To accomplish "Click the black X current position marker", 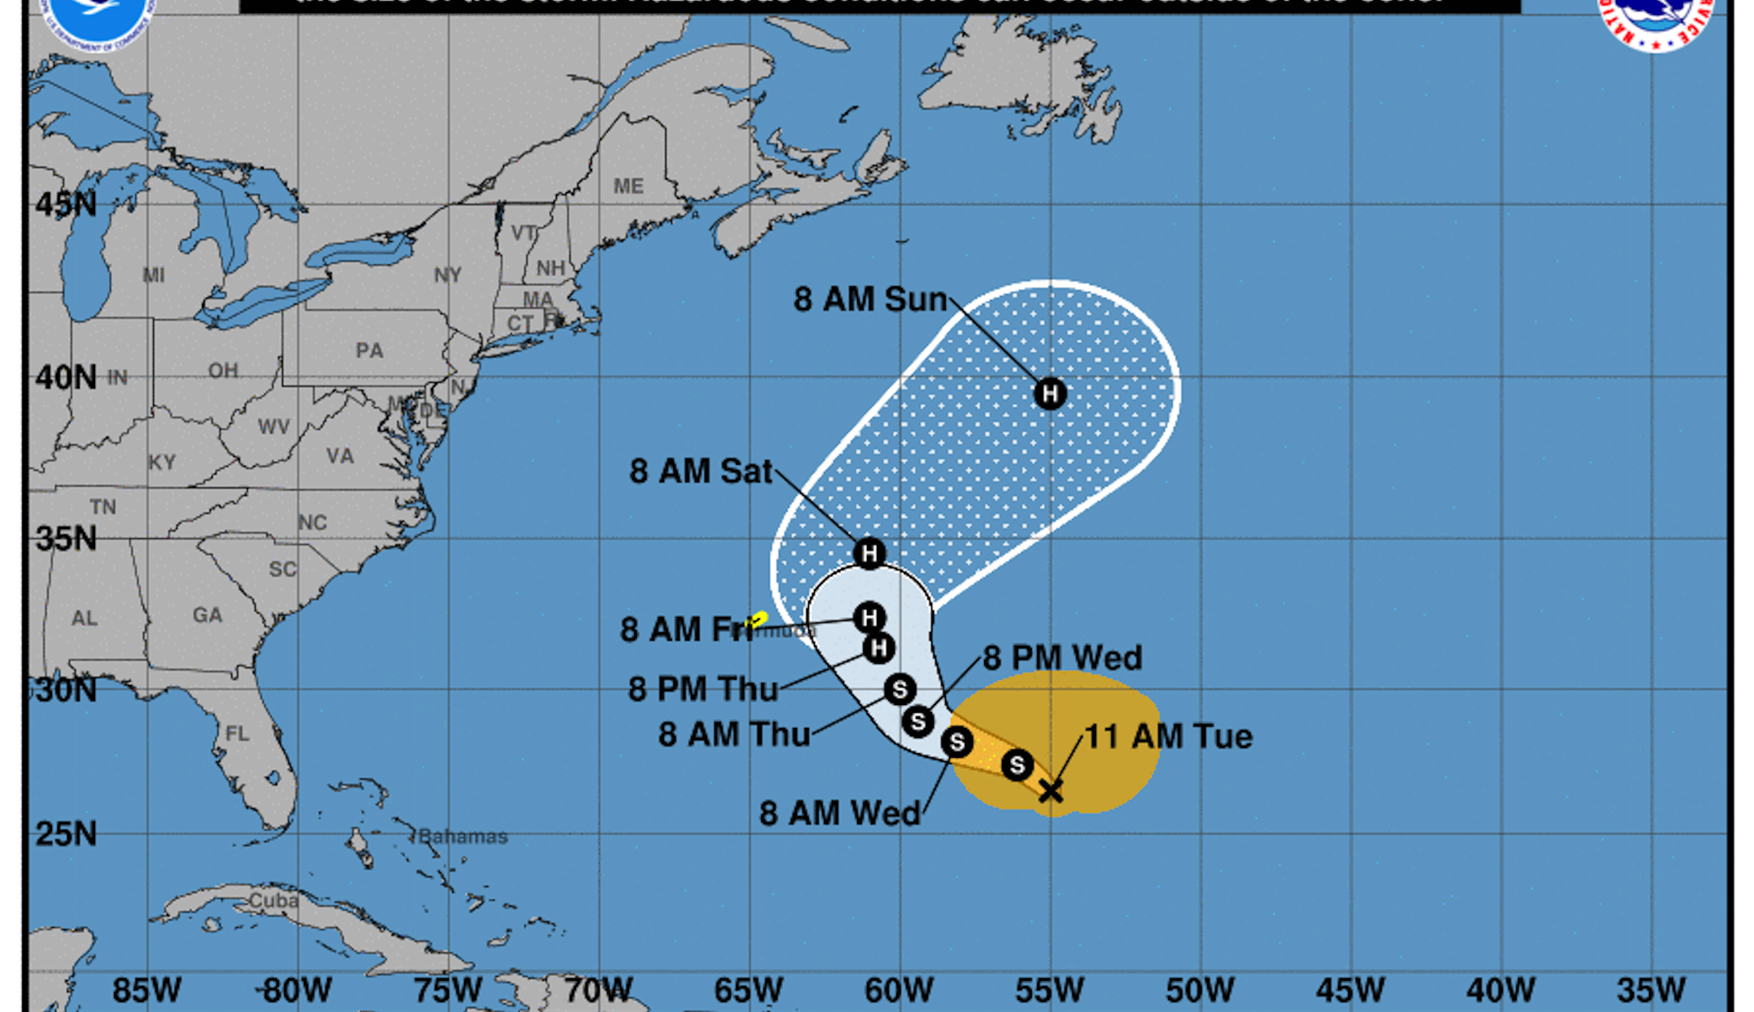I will click(1051, 791).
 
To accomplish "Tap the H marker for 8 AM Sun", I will click(1049, 393).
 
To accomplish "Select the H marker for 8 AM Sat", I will click(869, 553).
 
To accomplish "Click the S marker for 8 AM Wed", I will click(957, 742).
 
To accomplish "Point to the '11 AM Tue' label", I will click(1168, 736).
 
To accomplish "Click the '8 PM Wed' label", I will click(1062, 658).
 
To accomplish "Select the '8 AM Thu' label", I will click(734, 734).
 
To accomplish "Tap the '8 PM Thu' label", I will click(703, 689).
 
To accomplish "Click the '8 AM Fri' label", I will click(686, 629).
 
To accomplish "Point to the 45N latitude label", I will click(67, 204).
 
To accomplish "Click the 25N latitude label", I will click(67, 834).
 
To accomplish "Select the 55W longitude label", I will click(1049, 991).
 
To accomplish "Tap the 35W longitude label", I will click(1651, 991).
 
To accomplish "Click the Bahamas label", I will click(463, 837).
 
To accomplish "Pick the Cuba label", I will click(273, 900).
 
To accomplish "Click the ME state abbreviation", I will click(628, 186).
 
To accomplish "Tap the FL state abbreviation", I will click(237, 734).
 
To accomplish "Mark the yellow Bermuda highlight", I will click(758, 619).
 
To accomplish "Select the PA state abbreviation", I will click(369, 351).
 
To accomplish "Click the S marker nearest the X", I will click(1017, 765).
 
